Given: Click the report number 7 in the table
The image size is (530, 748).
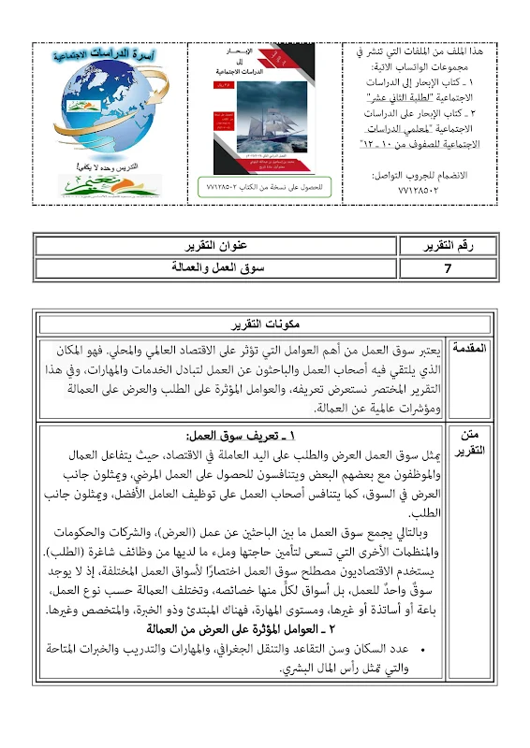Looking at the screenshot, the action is tap(449, 267).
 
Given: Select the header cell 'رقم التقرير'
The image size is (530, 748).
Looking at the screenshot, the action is tap(449, 246).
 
